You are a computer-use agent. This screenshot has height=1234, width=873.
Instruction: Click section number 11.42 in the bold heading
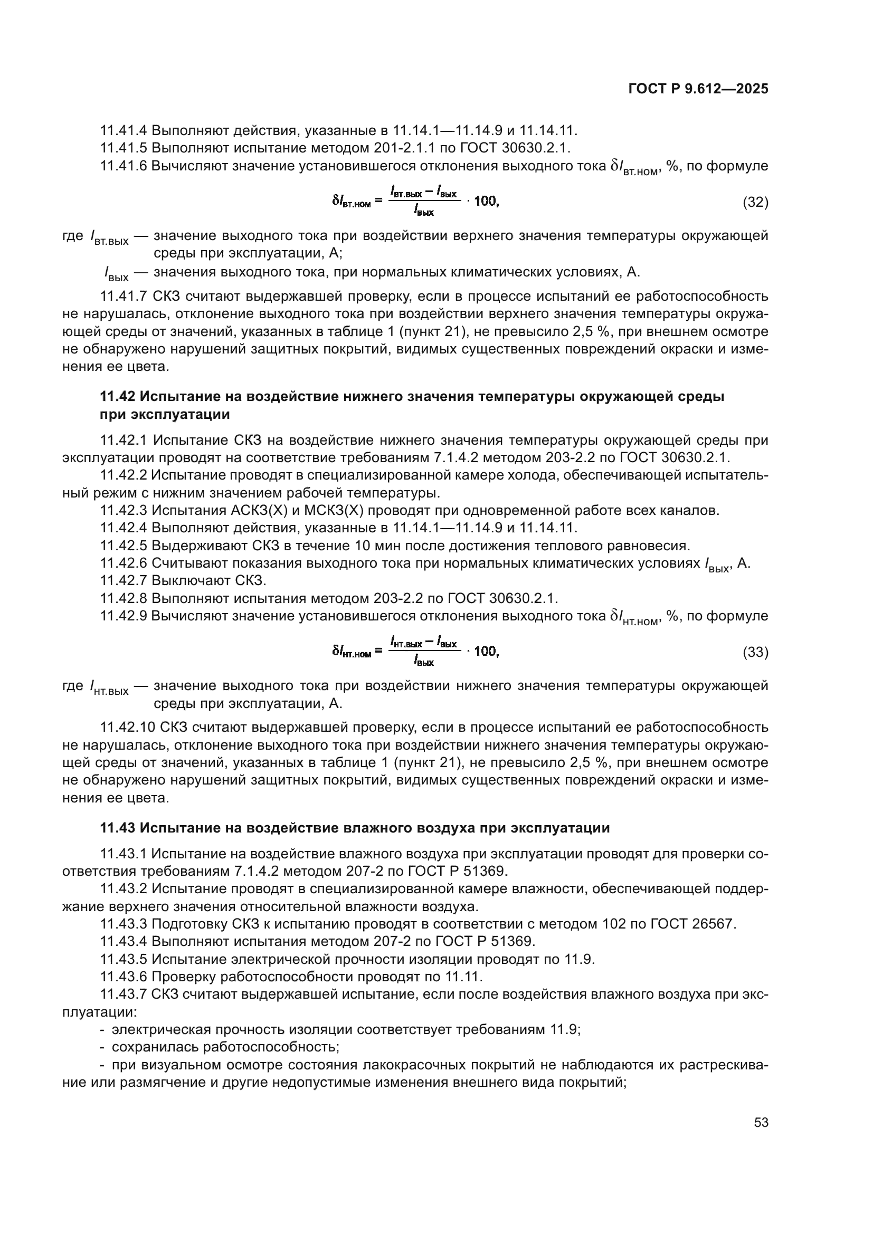118,397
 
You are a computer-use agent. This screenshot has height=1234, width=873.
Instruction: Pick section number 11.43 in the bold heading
118,828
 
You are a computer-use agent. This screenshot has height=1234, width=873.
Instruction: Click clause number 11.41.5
124,148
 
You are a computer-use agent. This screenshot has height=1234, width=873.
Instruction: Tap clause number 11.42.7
124,580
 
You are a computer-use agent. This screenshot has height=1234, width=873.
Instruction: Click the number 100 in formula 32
487,202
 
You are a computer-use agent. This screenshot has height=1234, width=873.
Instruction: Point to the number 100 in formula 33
487,652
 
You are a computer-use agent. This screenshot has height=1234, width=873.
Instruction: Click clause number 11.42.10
127,728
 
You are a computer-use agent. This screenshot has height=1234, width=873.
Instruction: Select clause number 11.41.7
124,296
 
